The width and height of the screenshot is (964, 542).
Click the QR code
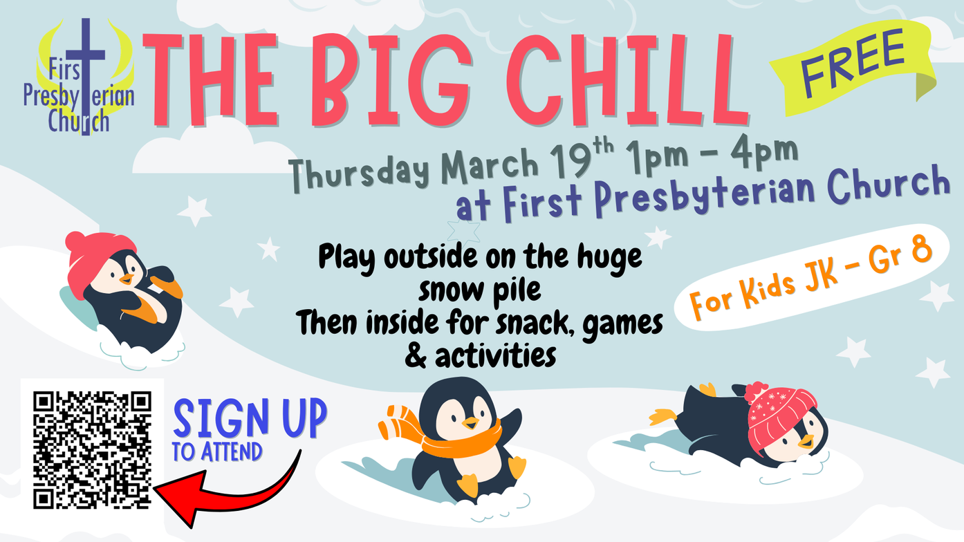(92, 450)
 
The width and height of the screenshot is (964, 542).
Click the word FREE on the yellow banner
(852, 63)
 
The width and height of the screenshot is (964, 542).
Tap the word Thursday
(360, 174)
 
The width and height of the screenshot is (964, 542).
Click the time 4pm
(764, 153)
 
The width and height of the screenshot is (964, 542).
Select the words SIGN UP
(250, 418)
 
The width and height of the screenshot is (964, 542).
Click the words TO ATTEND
(217, 451)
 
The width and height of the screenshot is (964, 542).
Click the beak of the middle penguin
(470, 423)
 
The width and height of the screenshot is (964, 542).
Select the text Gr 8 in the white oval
(900, 256)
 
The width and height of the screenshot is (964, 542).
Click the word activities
(495, 355)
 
